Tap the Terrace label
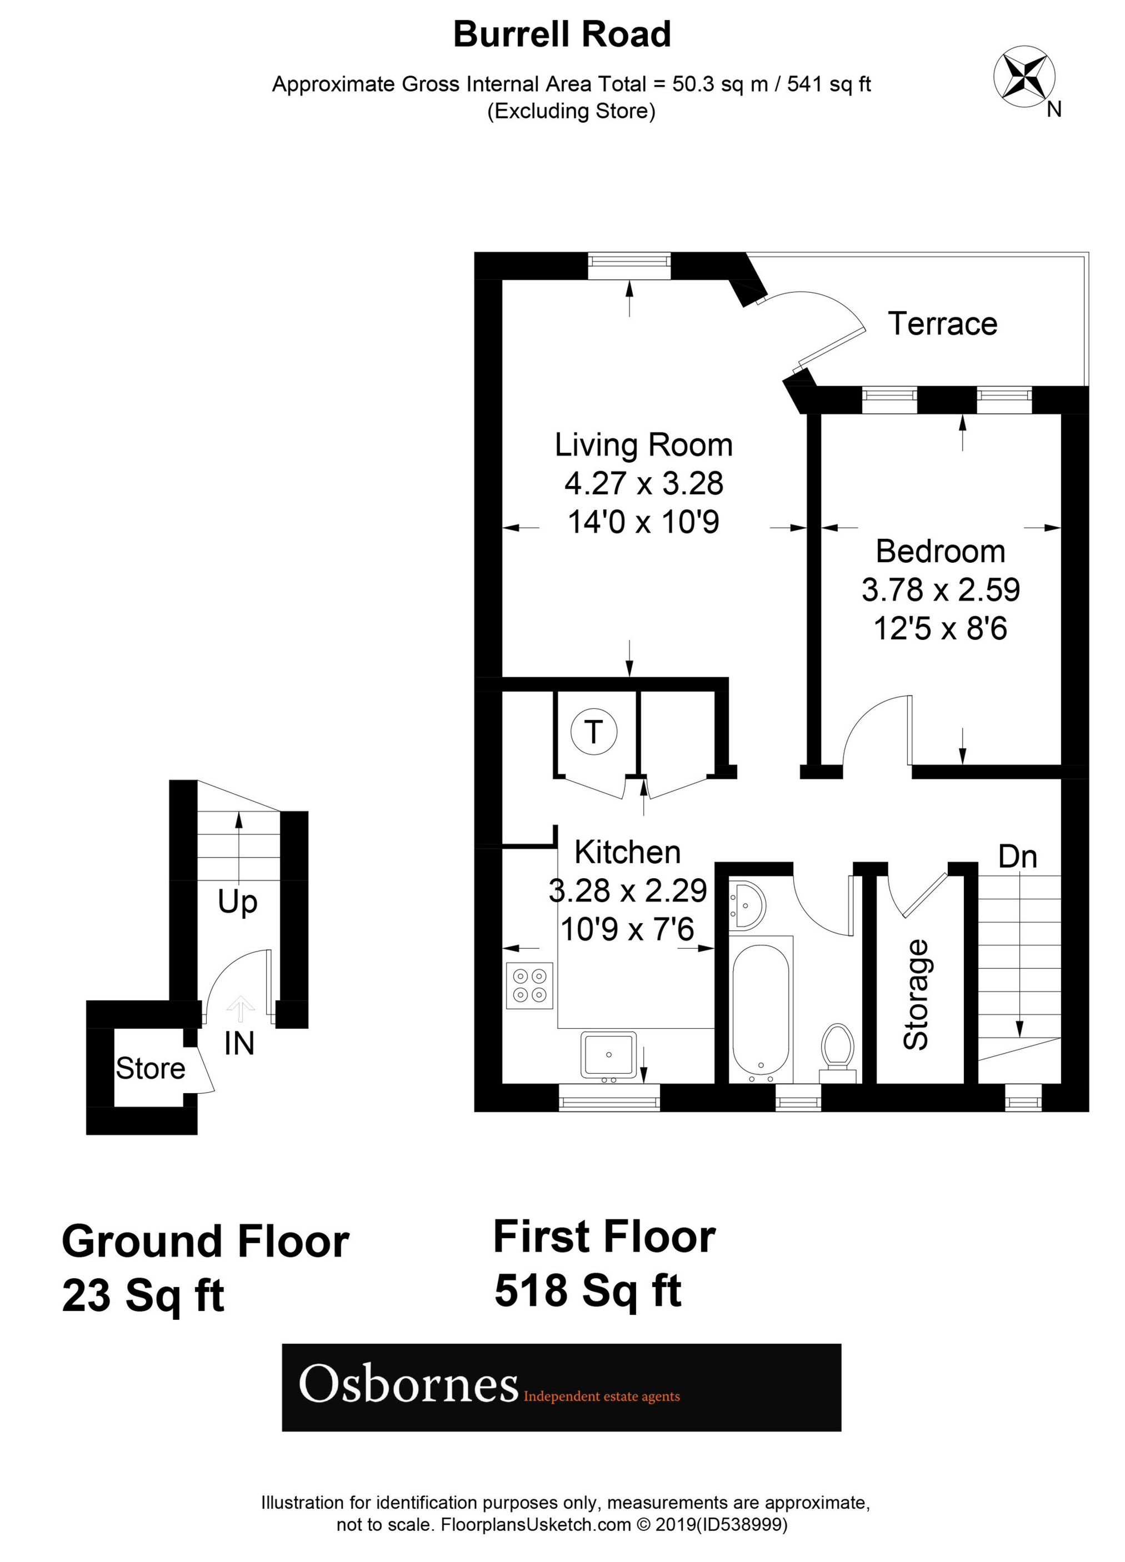(x=942, y=324)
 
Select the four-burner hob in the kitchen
(x=529, y=985)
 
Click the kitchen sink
(x=608, y=1055)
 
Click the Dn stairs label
(x=1018, y=857)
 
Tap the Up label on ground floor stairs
(x=238, y=902)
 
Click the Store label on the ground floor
(x=150, y=1068)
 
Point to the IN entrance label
(x=239, y=1043)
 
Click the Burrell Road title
(x=562, y=34)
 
